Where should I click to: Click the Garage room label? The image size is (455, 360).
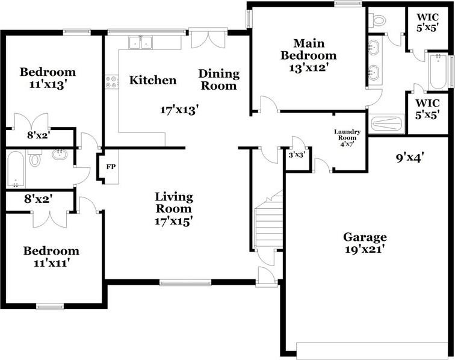click(x=365, y=237)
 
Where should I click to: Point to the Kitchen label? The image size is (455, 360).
click(x=153, y=80)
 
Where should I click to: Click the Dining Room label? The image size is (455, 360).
click(x=219, y=79)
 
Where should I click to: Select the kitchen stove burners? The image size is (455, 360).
click(x=111, y=81)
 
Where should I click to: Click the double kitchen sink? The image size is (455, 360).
click(x=142, y=42)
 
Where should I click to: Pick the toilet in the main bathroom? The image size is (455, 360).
click(x=379, y=21)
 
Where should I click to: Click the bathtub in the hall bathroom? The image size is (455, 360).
click(x=16, y=169)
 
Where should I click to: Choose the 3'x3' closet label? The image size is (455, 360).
click(x=297, y=155)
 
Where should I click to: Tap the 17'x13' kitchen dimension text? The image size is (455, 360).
click(x=179, y=110)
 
